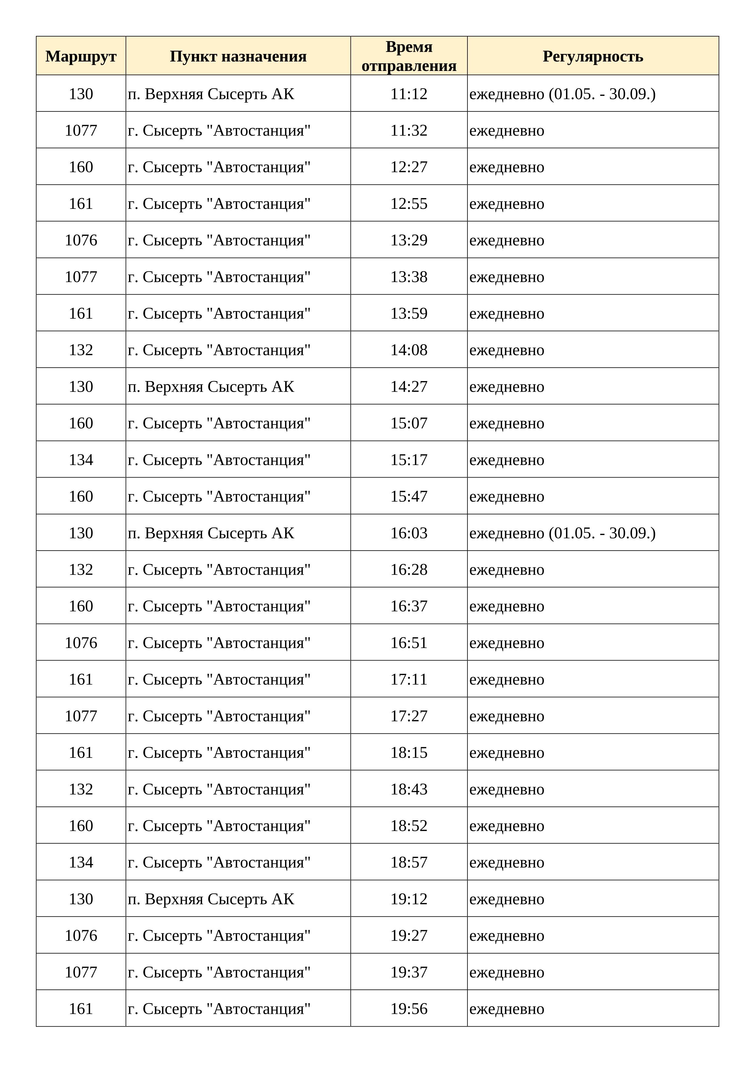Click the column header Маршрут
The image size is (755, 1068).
pos(81,56)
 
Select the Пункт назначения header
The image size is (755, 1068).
pos(238,56)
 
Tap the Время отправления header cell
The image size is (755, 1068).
pos(409,56)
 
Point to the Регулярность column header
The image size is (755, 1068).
pos(593,56)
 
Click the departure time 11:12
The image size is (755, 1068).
pos(409,94)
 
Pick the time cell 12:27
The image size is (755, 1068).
pos(409,167)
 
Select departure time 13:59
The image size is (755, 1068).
pos(409,313)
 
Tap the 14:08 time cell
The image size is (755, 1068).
pos(409,350)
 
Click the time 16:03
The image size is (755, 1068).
pos(409,533)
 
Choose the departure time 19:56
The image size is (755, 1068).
pos(409,1009)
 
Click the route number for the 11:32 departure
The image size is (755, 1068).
pos(81,131)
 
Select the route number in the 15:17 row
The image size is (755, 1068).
pos(81,460)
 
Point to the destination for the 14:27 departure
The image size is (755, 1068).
pos(211,387)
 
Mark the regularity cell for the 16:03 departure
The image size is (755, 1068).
pos(562,533)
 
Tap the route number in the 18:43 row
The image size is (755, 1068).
pos(81,790)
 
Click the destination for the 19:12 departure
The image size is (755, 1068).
pos(211,899)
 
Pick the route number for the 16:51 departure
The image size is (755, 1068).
pos(81,643)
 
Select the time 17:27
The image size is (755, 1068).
pos(409,716)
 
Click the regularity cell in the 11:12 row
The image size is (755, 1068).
pos(562,94)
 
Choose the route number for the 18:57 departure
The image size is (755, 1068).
pos(81,862)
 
